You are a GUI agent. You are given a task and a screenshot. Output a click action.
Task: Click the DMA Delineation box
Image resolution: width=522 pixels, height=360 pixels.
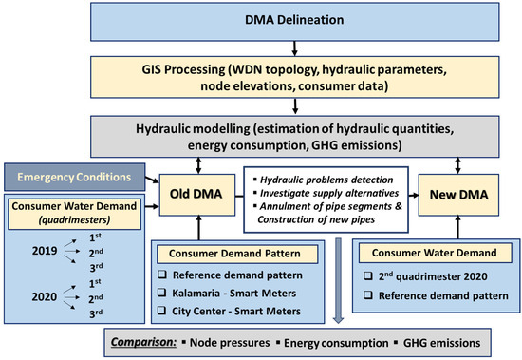pos(294,22)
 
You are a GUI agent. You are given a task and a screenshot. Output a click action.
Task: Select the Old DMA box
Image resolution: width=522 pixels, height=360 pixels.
pos(197,195)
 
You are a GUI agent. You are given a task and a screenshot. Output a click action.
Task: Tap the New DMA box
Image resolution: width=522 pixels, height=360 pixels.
pos(458,195)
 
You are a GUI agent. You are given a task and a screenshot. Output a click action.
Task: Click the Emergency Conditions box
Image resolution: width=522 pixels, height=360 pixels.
pos(75,177)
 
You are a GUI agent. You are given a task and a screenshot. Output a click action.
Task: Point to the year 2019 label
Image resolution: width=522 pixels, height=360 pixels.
pos(45,251)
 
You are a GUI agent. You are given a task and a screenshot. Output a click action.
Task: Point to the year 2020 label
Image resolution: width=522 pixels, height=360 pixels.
pos(45,296)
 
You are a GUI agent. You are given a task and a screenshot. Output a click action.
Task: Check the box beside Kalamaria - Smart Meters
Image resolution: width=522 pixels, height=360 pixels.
pos(161,293)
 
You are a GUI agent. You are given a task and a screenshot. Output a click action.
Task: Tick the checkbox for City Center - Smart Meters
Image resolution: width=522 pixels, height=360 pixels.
pos(161,311)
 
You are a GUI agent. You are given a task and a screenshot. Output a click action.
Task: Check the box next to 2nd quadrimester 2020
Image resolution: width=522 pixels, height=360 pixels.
pos(368,276)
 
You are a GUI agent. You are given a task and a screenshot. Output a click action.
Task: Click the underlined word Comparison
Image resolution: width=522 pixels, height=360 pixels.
pos(143,342)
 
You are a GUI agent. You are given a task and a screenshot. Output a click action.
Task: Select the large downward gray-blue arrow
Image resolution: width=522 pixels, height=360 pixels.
pos(338,280)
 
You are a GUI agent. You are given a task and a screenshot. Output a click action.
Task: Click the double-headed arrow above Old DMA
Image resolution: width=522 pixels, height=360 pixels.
pos(198,165)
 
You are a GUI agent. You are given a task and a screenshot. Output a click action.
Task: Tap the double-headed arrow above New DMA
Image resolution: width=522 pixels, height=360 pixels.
pos(457,165)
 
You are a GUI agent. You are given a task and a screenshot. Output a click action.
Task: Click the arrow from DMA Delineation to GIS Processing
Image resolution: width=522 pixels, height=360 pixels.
pos(294,48)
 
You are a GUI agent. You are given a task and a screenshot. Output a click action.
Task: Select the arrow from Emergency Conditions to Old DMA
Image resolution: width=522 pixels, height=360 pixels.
pos(152,180)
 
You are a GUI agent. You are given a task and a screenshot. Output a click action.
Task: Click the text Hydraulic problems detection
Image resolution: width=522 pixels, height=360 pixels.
pos(326,180)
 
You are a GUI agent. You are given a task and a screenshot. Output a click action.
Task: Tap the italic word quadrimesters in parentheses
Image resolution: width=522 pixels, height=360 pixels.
pos(74,219)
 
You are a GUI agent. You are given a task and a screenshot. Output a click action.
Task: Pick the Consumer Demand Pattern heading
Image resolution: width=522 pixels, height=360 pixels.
pos(234,254)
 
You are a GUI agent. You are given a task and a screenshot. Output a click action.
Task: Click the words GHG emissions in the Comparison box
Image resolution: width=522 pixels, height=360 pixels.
pos(441,343)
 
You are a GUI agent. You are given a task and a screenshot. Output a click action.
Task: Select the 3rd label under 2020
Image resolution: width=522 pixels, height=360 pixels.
pos(96,313)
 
